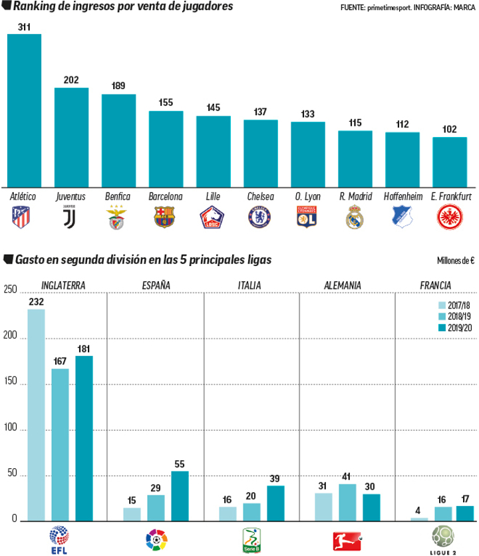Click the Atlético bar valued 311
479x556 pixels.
(x=24, y=110)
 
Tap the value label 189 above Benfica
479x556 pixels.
(x=118, y=86)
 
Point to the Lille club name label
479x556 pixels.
(x=213, y=197)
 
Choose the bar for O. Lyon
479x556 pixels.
(x=307, y=154)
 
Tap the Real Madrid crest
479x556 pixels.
(x=355, y=217)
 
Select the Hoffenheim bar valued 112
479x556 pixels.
(x=402, y=160)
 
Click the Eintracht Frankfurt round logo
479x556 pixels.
(x=449, y=217)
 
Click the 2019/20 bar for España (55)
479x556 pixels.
(x=180, y=495)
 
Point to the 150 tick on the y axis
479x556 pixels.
(x=9, y=384)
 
